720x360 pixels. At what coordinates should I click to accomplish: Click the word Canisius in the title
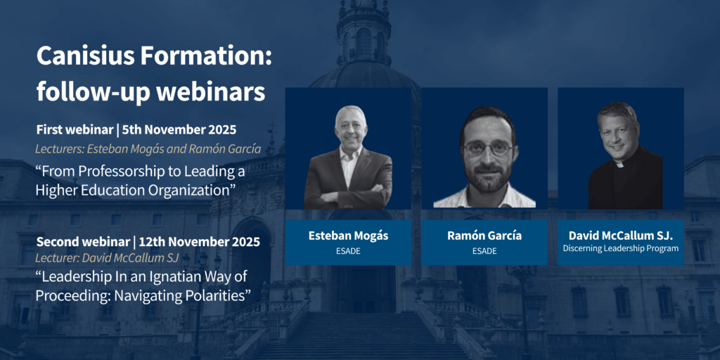(84, 56)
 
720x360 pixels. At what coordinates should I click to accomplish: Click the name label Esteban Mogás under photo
(348, 236)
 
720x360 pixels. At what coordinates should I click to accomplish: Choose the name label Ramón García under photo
(484, 236)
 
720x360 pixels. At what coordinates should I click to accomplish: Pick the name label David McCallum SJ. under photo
(621, 236)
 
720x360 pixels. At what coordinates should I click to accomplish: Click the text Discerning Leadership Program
(621, 248)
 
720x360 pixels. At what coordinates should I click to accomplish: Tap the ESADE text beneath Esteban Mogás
(348, 251)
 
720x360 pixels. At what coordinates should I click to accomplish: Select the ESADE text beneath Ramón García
(484, 251)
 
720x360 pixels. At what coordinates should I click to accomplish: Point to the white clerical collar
(619, 164)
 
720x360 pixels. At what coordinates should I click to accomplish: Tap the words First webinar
(75, 130)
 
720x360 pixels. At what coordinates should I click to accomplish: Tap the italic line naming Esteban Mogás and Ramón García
(148, 149)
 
